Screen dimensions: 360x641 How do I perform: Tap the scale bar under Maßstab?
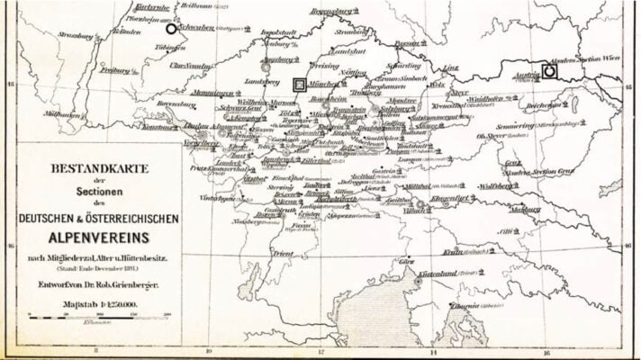coord(99,317)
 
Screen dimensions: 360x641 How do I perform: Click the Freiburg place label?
coord(115,69)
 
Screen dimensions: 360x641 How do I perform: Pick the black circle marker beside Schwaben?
coord(171,29)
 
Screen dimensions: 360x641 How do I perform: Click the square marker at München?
coord(300,84)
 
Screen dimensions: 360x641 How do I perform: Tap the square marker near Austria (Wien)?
coord(549,70)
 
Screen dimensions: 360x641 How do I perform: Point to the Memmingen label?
coord(213,94)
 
